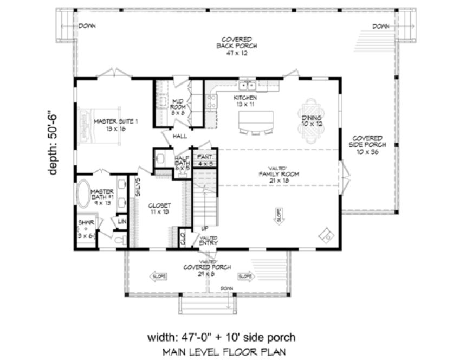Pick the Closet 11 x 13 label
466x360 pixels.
pos(160,209)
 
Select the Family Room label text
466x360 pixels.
pos(280,174)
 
